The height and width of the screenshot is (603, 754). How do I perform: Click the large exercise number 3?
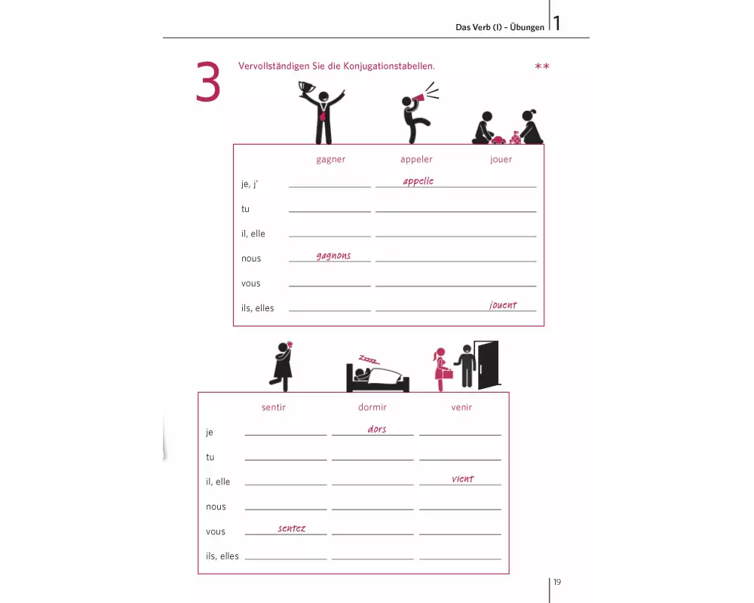click(208, 82)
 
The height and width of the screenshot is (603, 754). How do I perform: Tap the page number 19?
click(557, 582)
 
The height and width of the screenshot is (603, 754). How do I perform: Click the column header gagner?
click(331, 160)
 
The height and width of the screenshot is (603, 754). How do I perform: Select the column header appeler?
click(416, 160)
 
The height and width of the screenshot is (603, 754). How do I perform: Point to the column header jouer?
click(501, 160)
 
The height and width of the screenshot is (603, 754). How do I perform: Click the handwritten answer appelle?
click(418, 182)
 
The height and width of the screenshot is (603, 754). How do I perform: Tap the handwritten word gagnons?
click(334, 256)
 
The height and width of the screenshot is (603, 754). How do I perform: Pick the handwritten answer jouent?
click(503, 305)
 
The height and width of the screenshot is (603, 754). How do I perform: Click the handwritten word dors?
click(377, 429)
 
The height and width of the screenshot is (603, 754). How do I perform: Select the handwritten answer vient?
click(463, 479)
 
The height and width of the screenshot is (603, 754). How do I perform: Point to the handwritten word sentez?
click(292, 528)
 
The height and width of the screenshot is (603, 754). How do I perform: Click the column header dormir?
click(372, 407)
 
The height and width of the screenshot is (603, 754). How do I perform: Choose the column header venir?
click(461, 407)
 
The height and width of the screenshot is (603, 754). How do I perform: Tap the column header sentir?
click(274, 407)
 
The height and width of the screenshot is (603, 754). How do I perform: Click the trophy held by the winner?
click(307, 88)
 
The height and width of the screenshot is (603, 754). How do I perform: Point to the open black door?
click(487, 366)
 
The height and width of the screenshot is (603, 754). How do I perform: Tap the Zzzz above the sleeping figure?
click(369, 360)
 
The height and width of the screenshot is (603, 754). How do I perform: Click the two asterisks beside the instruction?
click(542, 66)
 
